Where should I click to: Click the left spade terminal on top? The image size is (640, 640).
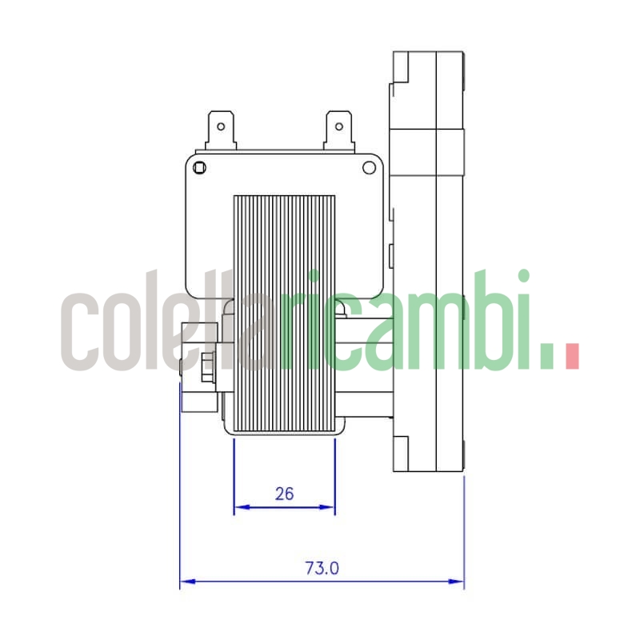coord(220,130)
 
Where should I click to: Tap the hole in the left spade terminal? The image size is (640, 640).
coord(220,126)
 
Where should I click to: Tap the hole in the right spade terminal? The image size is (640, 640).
coord(338,126)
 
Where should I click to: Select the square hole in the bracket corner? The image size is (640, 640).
coord(199,168)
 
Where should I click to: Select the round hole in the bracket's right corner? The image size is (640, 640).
coord(369,168)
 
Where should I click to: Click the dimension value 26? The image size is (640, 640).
coord(284,494)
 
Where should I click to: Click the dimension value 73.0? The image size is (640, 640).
coord(322,569)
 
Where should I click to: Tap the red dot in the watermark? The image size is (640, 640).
coord(571,356)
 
